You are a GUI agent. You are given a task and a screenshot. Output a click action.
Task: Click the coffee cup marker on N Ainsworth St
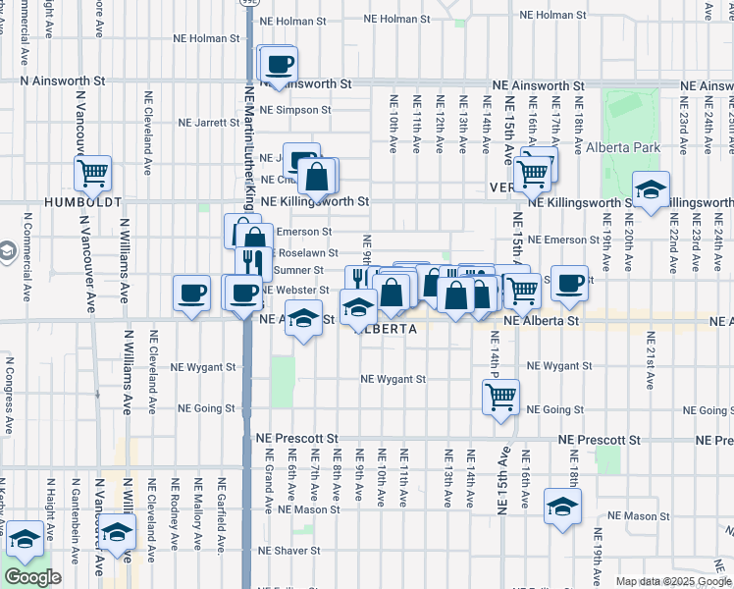pyautogui.click(x=279, y=64)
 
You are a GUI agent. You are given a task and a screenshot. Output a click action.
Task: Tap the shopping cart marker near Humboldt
pyautogui.click(x=92, y=174)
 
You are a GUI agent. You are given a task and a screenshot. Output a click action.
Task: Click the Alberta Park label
pyautogui.click(x=622, y=148)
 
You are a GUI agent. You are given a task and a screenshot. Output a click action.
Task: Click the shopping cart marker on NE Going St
pyautogui.click(x=500, y=397)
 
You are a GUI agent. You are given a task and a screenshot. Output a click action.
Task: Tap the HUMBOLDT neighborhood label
pyautogui.click(x=82, y=201)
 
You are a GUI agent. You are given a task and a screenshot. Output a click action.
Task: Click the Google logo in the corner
pyautogui.click(x=32, y=577)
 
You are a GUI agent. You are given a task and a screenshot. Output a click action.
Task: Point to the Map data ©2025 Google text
pyautogui.click(x=672, y=581)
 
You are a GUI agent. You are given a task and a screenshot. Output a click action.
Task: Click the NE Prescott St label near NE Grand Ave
pyautogui.click(x=296, y=440)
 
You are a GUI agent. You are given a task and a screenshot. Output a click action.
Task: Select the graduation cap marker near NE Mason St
pyautogui.click(x=561, y=508)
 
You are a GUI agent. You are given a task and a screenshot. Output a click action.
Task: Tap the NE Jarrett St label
pyautogui.click(x=208, y=123)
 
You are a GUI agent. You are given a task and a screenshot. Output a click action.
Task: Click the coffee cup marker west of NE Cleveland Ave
pyautogui.click(x=191, y=292)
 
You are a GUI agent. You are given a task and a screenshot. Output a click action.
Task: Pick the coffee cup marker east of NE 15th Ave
pyautogui.click(x=569, y=283)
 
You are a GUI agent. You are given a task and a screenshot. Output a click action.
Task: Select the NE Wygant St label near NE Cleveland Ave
pyautogui.click(x=204, y=366)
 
